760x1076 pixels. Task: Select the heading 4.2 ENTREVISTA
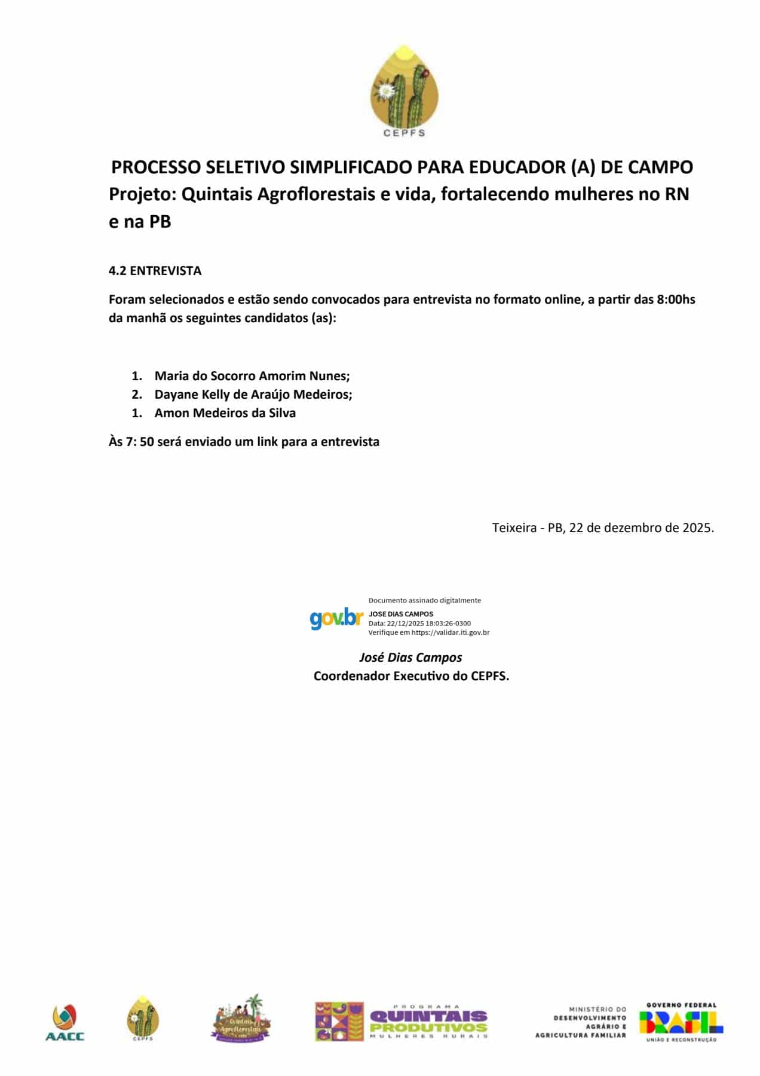155,271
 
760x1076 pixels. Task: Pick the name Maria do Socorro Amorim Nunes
252,376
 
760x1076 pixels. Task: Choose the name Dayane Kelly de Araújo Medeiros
253,395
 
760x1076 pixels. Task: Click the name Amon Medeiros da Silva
225,413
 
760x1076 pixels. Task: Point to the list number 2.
137,395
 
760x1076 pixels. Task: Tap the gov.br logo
336,618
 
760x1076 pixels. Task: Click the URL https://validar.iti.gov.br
451,632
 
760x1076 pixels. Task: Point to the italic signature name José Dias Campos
410,658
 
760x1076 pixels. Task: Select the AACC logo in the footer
65,1022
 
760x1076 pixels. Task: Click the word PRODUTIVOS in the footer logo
428,1028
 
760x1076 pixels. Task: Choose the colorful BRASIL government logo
681,1022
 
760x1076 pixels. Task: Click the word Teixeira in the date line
514,528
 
